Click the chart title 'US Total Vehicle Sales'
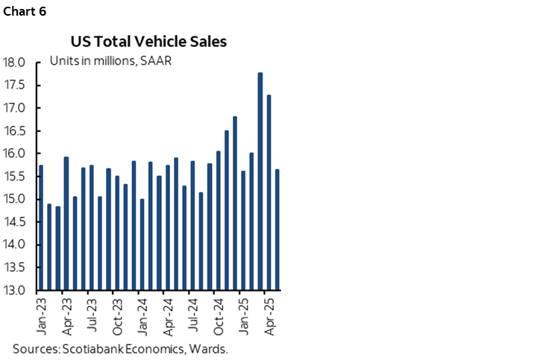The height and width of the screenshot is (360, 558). (x=149, y=42)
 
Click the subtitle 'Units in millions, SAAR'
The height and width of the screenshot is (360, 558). (x=111, y=60)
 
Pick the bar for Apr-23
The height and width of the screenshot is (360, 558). (x=66, y=223)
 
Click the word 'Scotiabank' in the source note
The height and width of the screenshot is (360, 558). (x=95, y=348)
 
